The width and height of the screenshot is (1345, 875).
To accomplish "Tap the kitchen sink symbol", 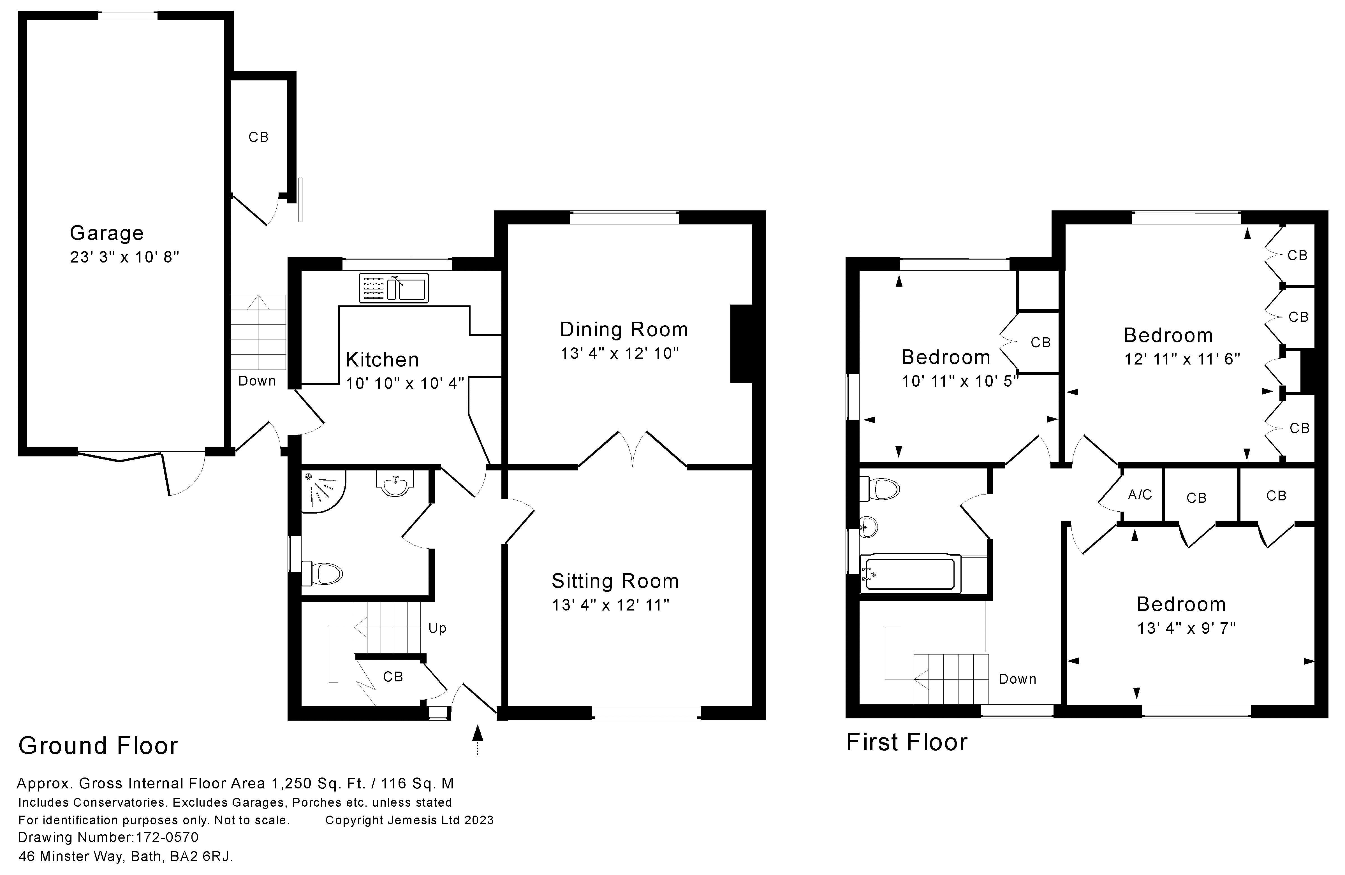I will (394, 288).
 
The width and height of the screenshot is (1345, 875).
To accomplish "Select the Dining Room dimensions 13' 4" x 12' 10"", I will (619, 354).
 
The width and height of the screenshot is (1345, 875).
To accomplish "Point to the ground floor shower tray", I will (321, 489).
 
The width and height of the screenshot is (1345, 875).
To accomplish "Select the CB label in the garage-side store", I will (258, 137).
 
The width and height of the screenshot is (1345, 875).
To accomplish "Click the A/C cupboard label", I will (1140, 495).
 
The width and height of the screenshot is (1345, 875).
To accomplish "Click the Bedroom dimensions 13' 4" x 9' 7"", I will (1186, 628).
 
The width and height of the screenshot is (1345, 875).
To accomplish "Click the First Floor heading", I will (906, 742).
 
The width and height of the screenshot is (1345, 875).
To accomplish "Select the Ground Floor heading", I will (98, 746).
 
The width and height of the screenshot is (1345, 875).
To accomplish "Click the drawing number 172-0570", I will (167, 837).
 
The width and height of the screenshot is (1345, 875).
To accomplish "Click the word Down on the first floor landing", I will (1017, 679).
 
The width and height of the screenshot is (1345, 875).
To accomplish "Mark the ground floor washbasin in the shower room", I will (395, 484).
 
